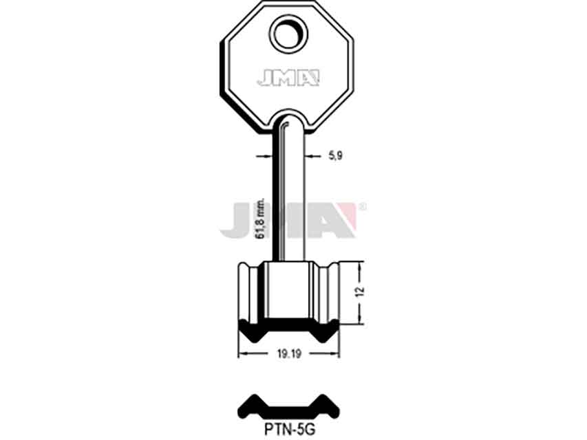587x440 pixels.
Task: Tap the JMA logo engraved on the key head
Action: pos(288,78)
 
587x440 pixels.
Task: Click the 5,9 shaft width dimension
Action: pos(335,155)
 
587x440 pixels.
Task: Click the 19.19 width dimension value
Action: pos(290,353)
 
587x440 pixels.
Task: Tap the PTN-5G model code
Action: pos(290,430)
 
